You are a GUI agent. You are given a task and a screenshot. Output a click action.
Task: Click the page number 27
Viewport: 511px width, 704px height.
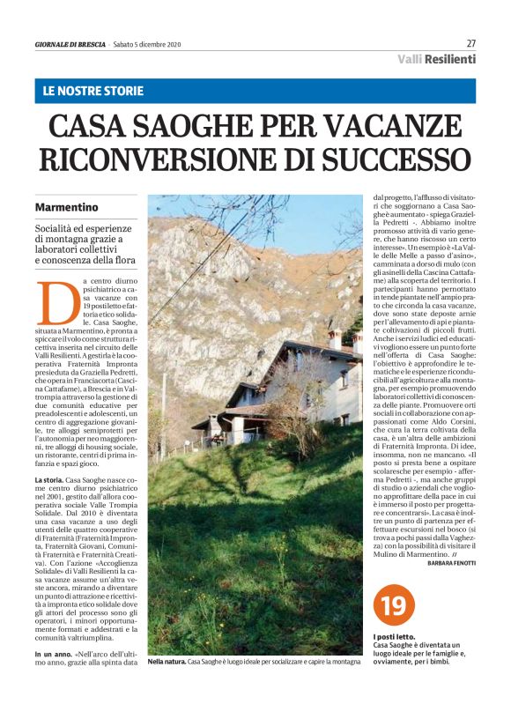point(471,43)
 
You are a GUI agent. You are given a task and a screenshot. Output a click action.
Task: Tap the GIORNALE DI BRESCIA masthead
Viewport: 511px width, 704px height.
point(70,44)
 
